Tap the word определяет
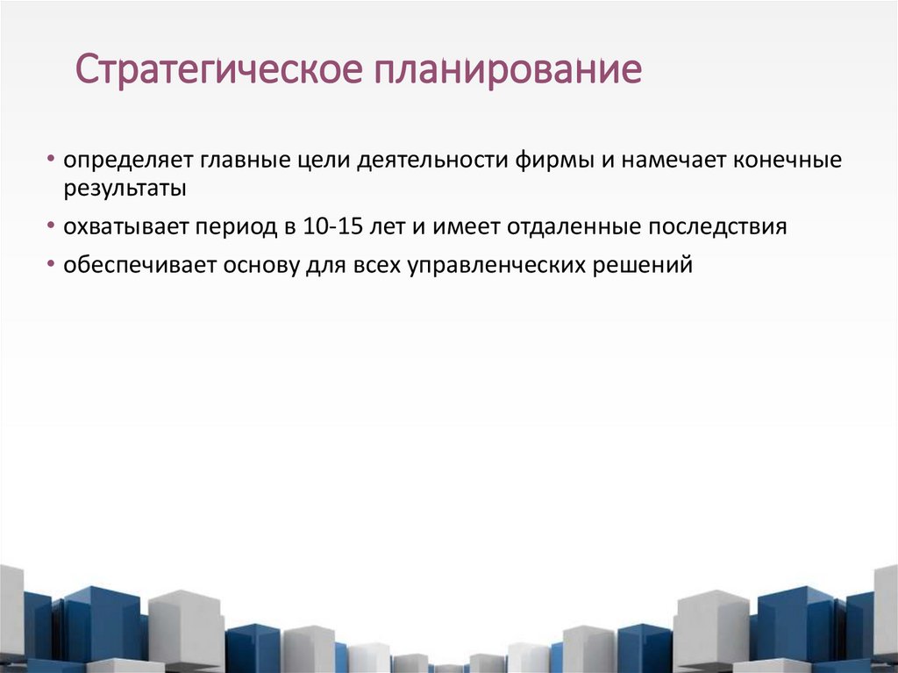[x=129, y=163]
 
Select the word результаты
[x=123, y=189]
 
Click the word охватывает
[x=125, y=227]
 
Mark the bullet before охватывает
[x=53, y=227]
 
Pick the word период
[x=235, y=227]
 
